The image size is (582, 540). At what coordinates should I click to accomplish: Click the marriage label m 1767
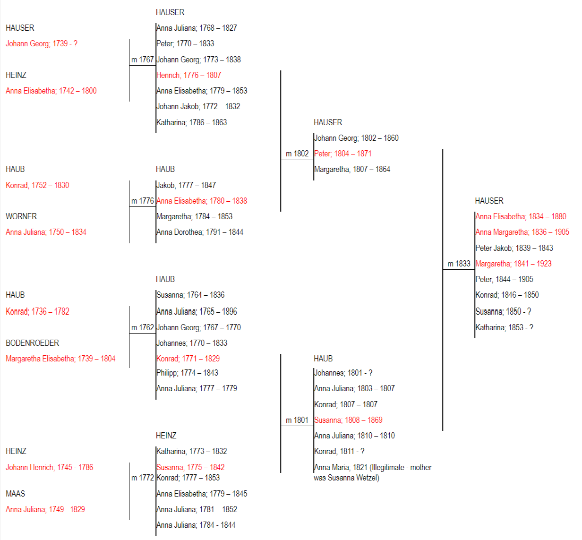tap(142, 60)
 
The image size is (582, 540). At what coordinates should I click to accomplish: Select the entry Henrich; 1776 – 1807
tap(189, 75)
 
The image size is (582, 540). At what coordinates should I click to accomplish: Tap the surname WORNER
tap(21, 216)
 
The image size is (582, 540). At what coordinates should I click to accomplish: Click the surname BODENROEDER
tap(32, 343)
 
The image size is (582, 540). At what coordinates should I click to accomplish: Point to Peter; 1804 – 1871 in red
tap(342, 154)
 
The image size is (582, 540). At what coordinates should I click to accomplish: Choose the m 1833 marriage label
tap(459, 264)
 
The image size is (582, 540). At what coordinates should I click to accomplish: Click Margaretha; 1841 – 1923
tap(514, 264)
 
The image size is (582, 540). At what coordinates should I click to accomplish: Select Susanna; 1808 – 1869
tap(348, 420)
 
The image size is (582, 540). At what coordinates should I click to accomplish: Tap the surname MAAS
tap(15, 493)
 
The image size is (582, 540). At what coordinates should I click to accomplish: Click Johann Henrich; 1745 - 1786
tap(50, 467)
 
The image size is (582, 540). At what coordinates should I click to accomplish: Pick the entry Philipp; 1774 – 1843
tap(187, 373)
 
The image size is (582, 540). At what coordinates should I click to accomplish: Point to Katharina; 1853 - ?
tap(505, 327)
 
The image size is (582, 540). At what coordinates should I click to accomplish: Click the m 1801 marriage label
tap(297, 420)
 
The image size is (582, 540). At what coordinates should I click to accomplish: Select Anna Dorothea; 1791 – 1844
tap(200, 232)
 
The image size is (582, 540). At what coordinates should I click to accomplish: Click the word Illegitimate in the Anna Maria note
tap(387, 467)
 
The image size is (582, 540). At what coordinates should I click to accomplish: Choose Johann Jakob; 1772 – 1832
tap(198, 106)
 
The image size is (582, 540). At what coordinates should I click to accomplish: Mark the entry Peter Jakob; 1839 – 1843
tap(514, 248)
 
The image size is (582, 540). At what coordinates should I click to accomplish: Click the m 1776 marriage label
tap(142, 201)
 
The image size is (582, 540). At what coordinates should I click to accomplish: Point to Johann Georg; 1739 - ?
tap(42, 43)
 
